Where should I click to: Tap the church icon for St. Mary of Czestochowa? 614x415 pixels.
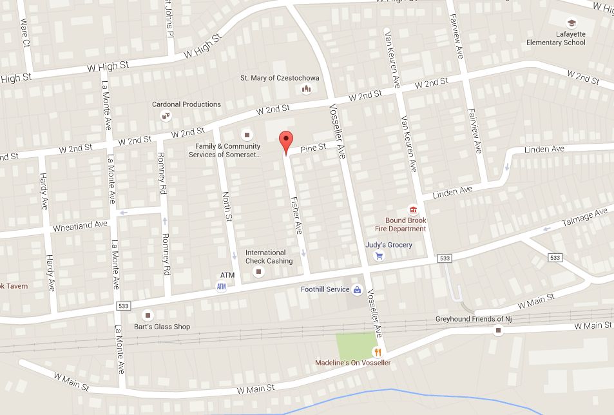point(307,89)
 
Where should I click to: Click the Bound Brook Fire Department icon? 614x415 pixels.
point(412,209)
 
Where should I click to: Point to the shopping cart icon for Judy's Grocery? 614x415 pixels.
point(379,256)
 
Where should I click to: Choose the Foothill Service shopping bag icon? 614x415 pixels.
point(357,289)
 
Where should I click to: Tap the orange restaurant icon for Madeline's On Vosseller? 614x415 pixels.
point(378,352)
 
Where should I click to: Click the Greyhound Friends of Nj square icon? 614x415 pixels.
point(498,331)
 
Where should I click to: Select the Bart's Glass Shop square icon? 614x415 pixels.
point(148,316)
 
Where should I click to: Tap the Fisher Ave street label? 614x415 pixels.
point(296,215)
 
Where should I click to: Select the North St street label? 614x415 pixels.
point(227,206)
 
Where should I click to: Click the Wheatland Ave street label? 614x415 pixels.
point(80,226)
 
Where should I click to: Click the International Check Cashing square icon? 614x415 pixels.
point(260,273)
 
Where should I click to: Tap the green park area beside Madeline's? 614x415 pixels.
point(354,345)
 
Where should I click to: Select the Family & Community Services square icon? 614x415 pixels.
point(245,135)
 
